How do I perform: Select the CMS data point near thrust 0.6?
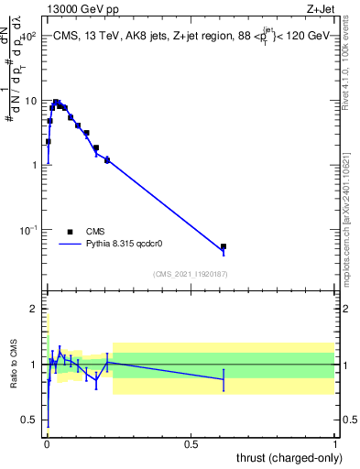click(x=224, y=246)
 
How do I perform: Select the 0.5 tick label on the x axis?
click(x=191, y=443)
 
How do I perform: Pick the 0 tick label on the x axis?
click(x=46, y=443)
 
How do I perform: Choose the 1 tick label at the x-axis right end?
click(x=335, y=443)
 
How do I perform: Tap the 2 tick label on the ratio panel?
click(x=34, y=309)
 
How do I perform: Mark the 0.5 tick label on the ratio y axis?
click(x=30, y=420)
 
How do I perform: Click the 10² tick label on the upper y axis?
click(x=28, y=37)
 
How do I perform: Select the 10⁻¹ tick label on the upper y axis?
click(x=28, y=229)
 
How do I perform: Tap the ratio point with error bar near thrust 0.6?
click(x=224, y=379)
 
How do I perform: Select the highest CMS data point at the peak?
click(x=56, y=103)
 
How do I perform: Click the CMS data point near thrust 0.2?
click(x=107, y=159)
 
